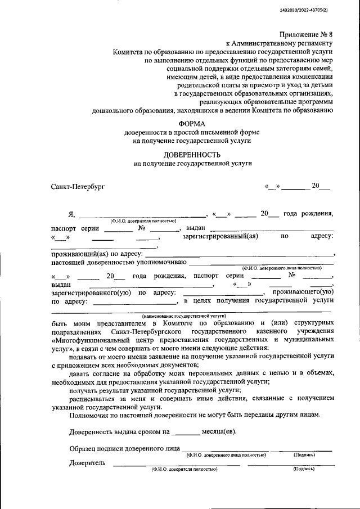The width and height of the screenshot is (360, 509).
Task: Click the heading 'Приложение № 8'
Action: coord(306,34)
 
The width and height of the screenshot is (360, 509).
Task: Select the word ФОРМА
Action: coord(192,123)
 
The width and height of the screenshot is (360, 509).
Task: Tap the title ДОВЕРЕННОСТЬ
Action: coord(192,154)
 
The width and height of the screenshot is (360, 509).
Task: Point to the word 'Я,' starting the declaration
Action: coord(71,214)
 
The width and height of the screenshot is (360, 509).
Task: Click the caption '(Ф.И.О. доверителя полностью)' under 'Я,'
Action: coord(144,220)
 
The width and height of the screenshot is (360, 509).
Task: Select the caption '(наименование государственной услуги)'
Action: coord(183,317)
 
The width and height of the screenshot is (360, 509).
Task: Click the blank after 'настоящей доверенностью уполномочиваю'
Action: coord(262,262)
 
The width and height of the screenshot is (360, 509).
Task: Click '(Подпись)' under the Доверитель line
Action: coord(304,469)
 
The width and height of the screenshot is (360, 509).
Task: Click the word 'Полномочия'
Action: coord(91,415)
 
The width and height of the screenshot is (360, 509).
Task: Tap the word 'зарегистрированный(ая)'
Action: coord(220,237)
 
